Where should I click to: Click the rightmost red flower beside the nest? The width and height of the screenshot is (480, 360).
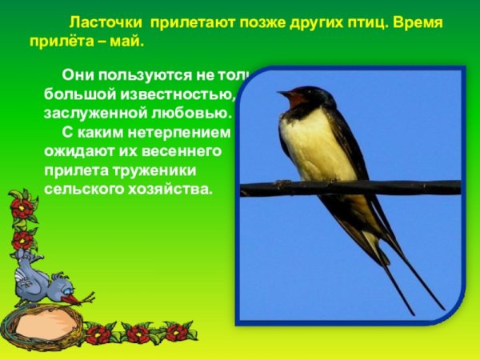pyautogui.click(x=174, y=331)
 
